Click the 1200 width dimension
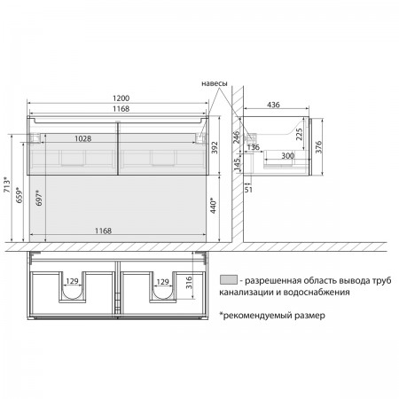click(x=121, y=98)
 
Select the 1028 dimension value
click(x=82, y=138)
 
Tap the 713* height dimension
click(x=7, y=184)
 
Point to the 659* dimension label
click(x=20, y=195)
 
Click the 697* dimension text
click(x=39, y=198)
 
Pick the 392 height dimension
click(x=215, y=147)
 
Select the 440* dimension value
click(x=214, y=205)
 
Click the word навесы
click(x=215, y=83)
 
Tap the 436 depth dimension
click(x=273, y=105)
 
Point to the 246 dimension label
click(x=237, y=137)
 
